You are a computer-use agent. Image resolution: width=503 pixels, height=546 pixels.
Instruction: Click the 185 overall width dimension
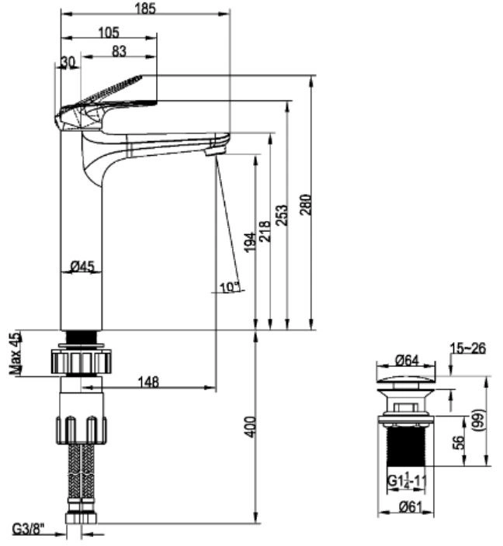[145, 9]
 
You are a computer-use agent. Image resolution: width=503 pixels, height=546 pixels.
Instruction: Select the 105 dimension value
[109, 33]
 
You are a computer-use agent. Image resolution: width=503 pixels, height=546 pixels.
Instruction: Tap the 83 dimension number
[119, 51]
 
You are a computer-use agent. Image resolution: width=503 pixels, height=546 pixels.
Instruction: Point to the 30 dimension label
[68, 62]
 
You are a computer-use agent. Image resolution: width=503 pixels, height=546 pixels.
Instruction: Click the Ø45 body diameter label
[82, 267]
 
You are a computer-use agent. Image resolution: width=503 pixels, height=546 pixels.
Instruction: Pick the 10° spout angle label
[230, 287]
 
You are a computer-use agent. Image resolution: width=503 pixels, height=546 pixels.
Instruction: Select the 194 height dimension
[250, 242]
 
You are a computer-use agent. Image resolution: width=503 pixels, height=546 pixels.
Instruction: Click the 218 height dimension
[265, 231]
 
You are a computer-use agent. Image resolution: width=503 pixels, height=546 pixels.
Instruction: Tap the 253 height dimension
[283, 215]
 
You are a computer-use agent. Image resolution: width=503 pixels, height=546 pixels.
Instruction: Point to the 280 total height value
[306, 205]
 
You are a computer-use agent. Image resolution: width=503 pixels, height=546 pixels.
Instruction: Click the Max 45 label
[16, 354]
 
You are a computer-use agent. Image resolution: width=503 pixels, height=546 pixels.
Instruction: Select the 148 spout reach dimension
[148, 382]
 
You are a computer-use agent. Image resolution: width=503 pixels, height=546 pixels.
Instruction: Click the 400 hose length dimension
[251, 427]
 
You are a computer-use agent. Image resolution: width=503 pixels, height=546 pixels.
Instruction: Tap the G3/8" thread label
[29, 529]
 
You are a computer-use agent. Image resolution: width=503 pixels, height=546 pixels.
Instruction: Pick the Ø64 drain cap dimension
[407, 360]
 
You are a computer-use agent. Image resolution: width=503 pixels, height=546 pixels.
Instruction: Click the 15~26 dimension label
[467, 348]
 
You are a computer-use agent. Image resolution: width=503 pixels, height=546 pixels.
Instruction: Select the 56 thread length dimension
[460, 442]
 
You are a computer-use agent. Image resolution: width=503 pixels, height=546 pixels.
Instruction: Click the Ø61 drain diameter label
[411, 507]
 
